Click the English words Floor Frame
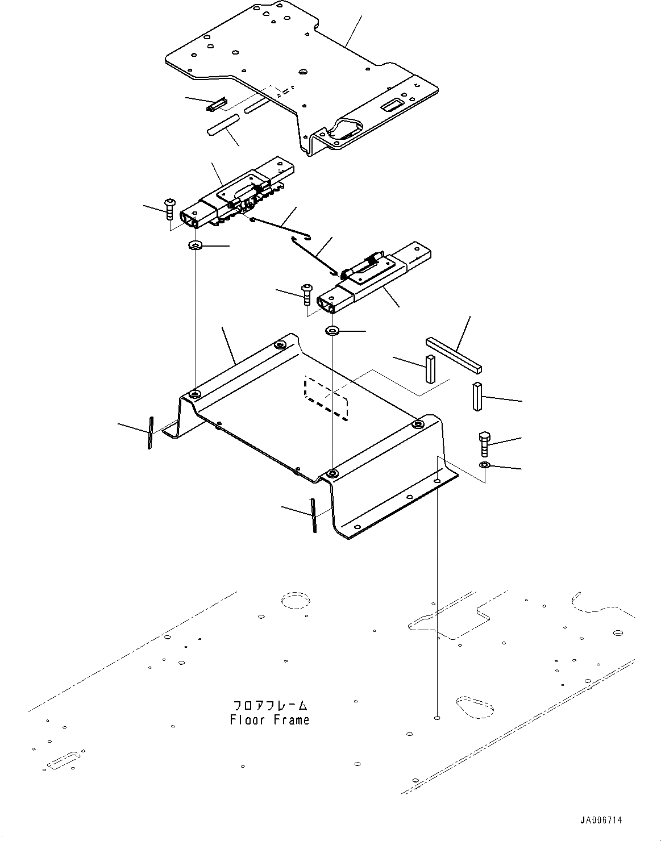(x=270, y=720)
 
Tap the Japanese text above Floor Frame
(x=271, y=706)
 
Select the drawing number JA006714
(x=601, y=821)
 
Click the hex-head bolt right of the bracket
(x=484, y=444)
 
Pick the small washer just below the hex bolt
(x=485, y=466)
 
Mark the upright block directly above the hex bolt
(x=476, y=396)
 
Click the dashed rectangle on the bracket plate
(x=326, y=397)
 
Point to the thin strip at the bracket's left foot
(x=150, y=432)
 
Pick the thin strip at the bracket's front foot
(x=313, y=515)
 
